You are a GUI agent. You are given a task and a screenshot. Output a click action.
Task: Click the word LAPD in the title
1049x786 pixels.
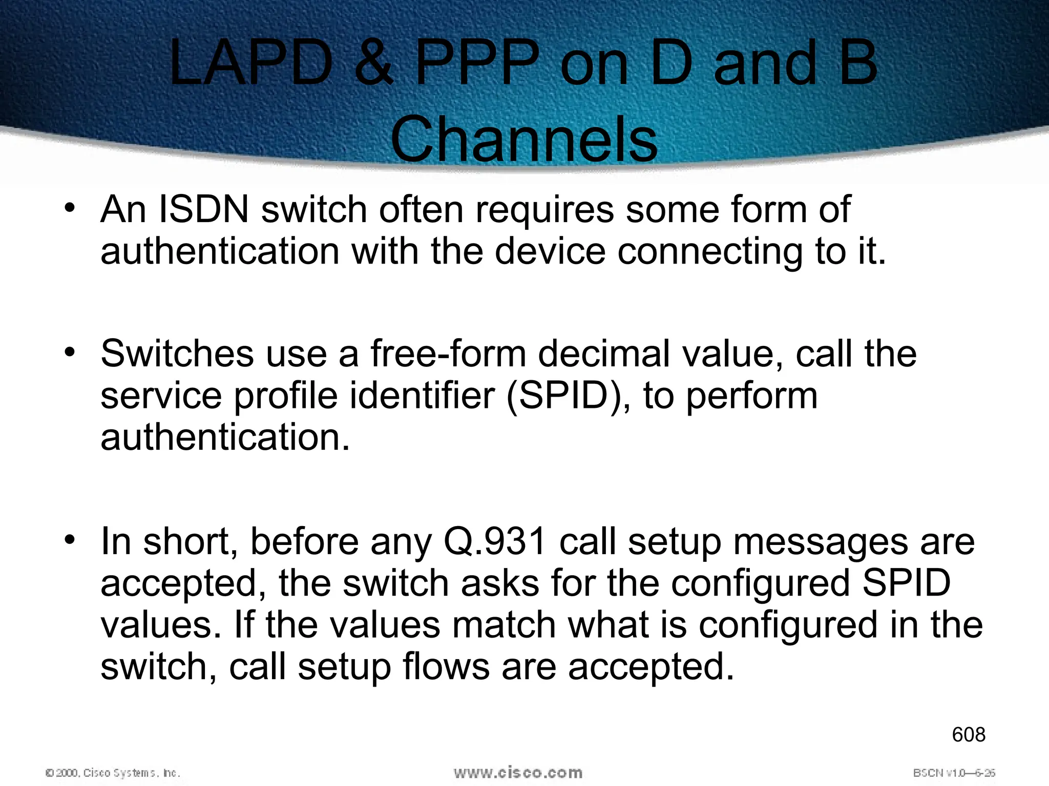click(251, 64)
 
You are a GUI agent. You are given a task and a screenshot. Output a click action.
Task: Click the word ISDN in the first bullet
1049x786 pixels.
click(204, 209)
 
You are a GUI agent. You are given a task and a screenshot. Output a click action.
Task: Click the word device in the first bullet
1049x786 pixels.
click(550, 251)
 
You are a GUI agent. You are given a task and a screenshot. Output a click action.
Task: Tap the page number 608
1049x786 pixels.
click(968, 735)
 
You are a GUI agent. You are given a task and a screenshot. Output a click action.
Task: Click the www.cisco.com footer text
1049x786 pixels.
click(518, 772)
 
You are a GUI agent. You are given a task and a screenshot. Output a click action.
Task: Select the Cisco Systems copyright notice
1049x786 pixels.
click(113, 773)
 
